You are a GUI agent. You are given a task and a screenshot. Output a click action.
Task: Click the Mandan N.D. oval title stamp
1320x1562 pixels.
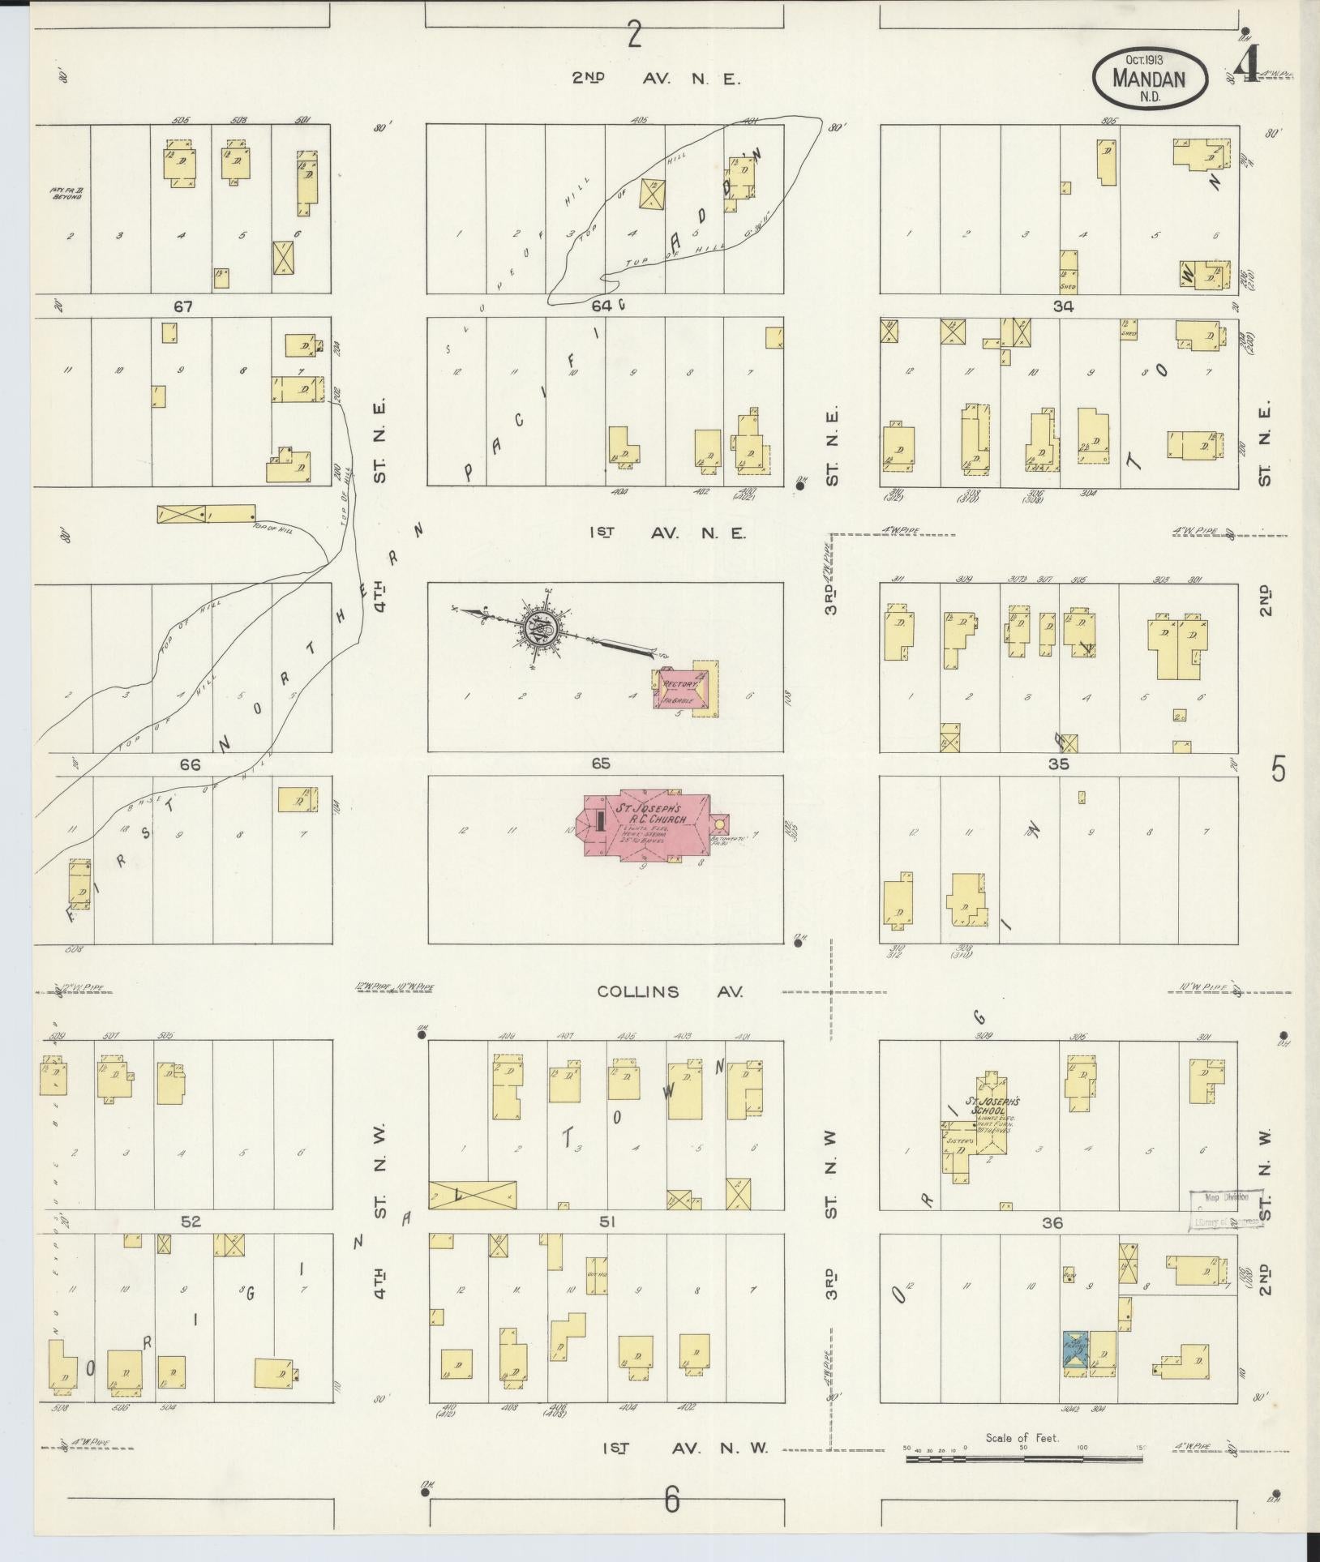(1150, 77)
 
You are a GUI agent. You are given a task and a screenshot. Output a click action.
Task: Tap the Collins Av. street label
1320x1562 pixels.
(670, 991)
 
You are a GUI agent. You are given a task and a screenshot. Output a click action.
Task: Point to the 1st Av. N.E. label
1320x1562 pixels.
(667, 533)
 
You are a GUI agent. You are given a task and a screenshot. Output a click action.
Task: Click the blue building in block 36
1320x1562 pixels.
(1076, 1353)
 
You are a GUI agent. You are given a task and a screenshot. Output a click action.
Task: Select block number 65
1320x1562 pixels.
(601, 764)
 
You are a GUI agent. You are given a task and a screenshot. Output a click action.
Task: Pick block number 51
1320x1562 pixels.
(606, 1222)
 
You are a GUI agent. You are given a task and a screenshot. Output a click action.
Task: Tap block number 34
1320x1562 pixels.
(1063, 306)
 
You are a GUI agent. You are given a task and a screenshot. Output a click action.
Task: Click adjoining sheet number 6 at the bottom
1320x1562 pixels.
(671, 1500)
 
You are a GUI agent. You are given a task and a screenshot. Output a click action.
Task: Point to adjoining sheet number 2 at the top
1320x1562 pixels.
(634, 36)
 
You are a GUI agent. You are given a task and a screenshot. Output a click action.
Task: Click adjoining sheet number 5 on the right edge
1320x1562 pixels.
(1279, 768)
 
